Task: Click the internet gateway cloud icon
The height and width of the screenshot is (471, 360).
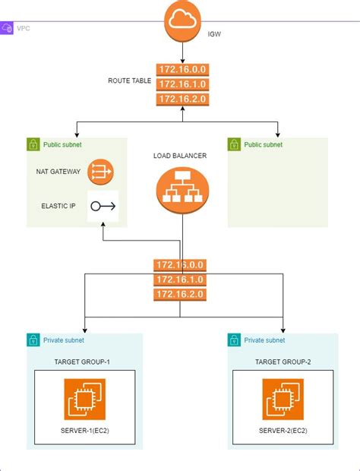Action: tap(182, 22)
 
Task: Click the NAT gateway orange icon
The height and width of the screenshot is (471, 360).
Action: tap(99, 172)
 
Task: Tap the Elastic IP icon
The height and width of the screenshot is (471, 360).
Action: tap(103, 206)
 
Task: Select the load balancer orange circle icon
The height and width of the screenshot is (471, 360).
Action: tap(181, 190)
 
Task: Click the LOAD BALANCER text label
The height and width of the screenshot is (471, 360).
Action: tap(180, 156)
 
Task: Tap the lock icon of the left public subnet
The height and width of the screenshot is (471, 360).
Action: tap(33, 144)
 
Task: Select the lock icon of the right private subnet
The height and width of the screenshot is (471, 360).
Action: tap(234, 340)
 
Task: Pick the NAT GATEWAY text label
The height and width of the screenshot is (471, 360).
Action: tap(58, 172)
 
